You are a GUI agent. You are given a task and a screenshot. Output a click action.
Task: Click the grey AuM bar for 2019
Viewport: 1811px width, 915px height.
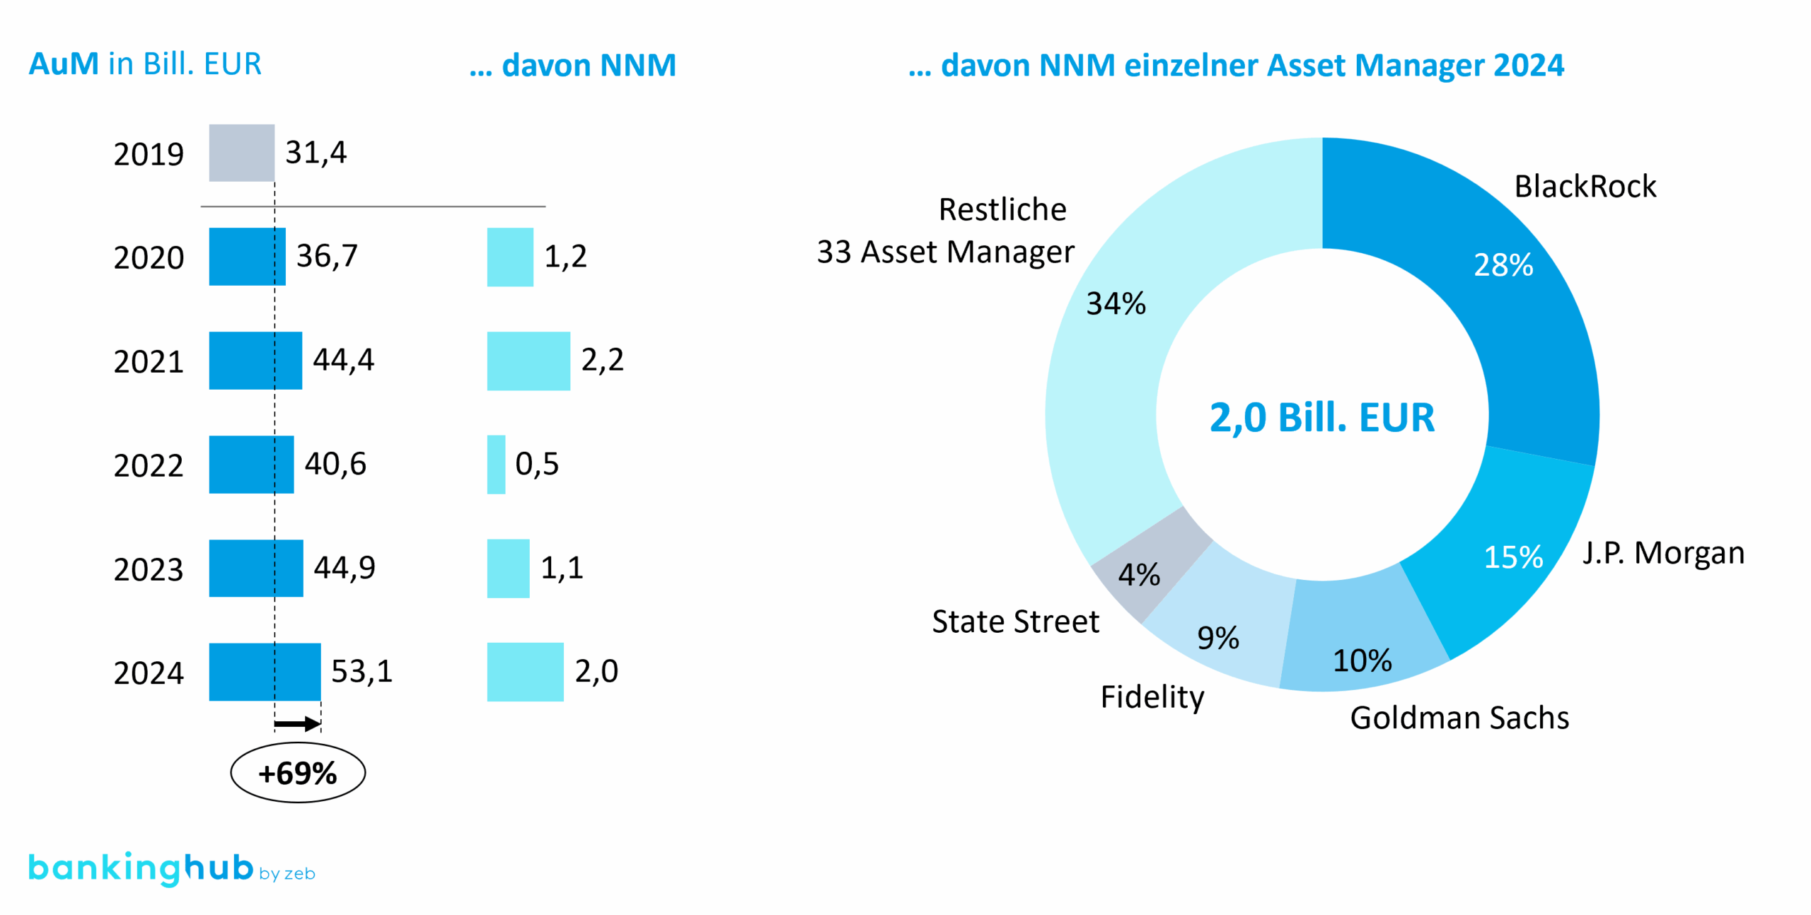point(241,153)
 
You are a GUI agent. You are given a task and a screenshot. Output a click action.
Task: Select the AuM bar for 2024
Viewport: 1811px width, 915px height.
point(265,671)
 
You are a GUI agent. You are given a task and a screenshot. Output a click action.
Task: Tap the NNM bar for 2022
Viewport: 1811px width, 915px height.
point(496,464)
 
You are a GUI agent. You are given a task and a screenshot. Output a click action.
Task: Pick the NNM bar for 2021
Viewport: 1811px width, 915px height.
point(528,361)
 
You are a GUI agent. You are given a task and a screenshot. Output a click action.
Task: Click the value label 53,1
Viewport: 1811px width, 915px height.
point(361,671)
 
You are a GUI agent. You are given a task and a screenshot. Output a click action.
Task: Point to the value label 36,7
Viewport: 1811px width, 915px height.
point(327,256)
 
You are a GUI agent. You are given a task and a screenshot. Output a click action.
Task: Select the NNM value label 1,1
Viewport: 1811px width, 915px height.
point(562,568)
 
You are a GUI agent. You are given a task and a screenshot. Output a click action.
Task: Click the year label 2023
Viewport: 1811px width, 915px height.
point(149,569)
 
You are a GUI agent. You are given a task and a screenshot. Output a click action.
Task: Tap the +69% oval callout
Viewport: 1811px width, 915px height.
point(298,772)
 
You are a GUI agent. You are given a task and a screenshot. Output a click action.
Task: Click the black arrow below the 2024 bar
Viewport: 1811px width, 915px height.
point(297,723)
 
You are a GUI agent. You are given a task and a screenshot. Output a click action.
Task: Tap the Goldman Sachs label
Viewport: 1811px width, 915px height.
point(1459,718)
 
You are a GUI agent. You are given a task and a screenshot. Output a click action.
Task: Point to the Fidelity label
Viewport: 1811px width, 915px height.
point(1152,697)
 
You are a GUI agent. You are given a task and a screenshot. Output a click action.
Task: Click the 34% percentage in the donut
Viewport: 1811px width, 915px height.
point(1116,304)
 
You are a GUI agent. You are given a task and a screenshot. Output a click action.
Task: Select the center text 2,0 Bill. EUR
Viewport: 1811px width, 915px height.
point(1321,417)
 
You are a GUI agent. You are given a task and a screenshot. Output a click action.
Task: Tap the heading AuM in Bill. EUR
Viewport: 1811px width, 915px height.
point(145,64)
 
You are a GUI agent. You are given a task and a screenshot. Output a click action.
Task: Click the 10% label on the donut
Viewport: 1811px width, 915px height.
point(1362,660)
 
